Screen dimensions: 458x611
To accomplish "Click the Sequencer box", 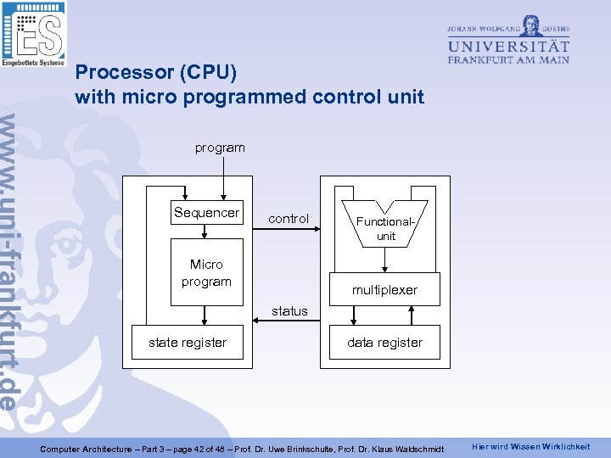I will (206, 213).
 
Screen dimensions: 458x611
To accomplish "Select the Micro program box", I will (206, 273).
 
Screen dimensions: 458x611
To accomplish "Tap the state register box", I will (188, 343).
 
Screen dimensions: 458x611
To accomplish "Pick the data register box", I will (384, 343).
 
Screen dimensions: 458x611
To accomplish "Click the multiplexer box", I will (384, 289).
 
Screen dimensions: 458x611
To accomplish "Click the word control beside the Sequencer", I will (289, 219).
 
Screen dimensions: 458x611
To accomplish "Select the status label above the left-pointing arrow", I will (289, 311).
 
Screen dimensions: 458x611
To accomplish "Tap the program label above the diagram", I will (220, 148).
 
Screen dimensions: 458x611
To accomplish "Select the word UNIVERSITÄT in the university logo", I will (508, 45).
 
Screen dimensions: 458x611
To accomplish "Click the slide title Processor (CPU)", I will (155, 72).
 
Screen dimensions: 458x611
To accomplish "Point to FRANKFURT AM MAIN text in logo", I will (508, 59).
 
